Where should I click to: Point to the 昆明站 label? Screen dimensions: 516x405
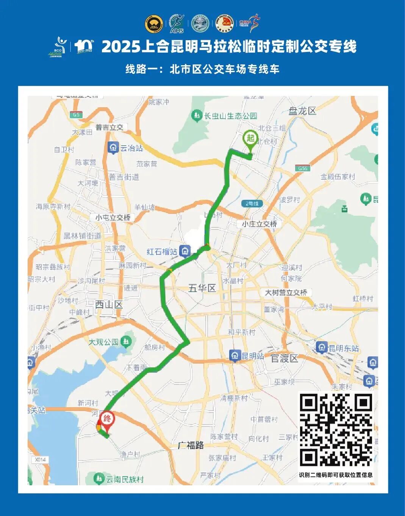pyautogui.click(x=253, y=356)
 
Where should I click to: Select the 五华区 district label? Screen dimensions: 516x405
pyautogui.click(x=202, y=288)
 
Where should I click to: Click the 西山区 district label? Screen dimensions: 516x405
pyautogui.click(x=109, y=304)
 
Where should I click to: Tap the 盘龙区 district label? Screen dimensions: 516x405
pyautogui.click(x=302, y=111)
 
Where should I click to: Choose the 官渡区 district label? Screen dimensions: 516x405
pyautogui.click(x=284, y=358)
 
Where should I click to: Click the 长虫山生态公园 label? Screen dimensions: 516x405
pyautogui.click(x=230, y=116)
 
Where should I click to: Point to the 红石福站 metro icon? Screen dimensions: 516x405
pyautogui.click(x=185, y=251)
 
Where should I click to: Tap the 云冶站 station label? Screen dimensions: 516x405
pyautogui.click(x=131, y=148)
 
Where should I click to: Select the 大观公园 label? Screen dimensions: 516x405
pyautogui.click(x=103, y=342)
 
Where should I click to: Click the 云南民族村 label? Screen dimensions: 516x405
pyautogui.click(x=125, y=479)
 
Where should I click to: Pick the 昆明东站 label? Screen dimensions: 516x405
pyautogui.click(x=343, y=348)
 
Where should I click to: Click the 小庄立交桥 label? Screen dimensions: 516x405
pyautogui.click(x=260, y=224)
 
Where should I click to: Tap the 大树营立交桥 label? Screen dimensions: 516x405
pyautogui.click(x=286, y=293)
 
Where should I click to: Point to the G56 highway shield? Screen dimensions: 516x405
pyautogui.click(x=302, y=168)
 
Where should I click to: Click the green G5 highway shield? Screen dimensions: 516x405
pyautogui.click(x=76, y=114)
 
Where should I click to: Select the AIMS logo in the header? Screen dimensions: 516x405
pyautogui.click(x=177, y=24)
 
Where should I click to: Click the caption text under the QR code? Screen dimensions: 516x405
pyautogui.click(x=336, y=475)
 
